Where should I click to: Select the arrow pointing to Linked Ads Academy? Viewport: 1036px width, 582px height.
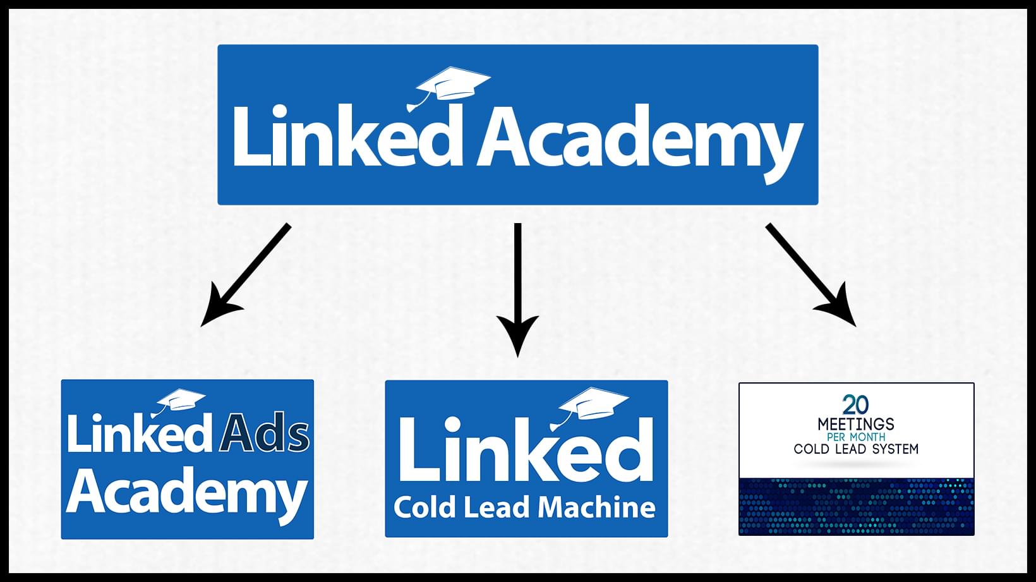[x=245, y=276]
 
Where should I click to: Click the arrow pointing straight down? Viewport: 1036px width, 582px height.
[x=517, y=290]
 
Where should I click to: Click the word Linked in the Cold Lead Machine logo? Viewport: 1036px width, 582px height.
[x=526, y=449]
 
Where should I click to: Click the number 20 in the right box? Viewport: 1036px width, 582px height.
[x=855, y=405]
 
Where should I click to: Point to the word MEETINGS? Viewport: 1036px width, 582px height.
[x=856, y=424]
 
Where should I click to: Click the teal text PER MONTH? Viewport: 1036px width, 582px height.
[x=856, y=437]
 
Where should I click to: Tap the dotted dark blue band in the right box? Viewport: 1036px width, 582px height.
[x=857, y=507]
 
